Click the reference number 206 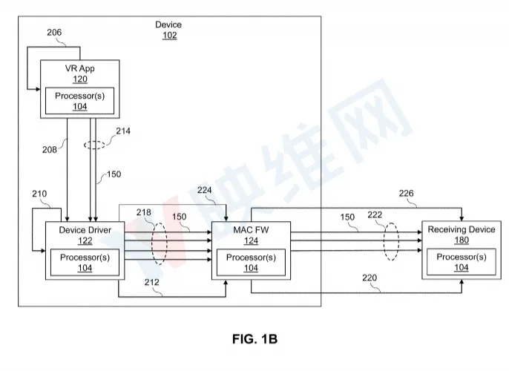click(54, 33)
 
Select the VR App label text click(80, 68)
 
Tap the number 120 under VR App click(80, 79)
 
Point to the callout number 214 click(123, 131)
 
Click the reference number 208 click(49, 150)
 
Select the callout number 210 click(39, 194)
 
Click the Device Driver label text click(85, 230)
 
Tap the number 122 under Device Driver click(85, 240)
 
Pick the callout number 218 click(143, 212)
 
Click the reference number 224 click(205, 190)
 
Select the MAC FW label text click(251, 230)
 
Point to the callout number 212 click(151, 283)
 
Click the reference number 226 click(406, 194)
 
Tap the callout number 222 click(375, 215)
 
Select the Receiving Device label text click(462, 229)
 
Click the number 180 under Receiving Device click(462, 240)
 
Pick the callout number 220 click(370, 278)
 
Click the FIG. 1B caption click(254, 339)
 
